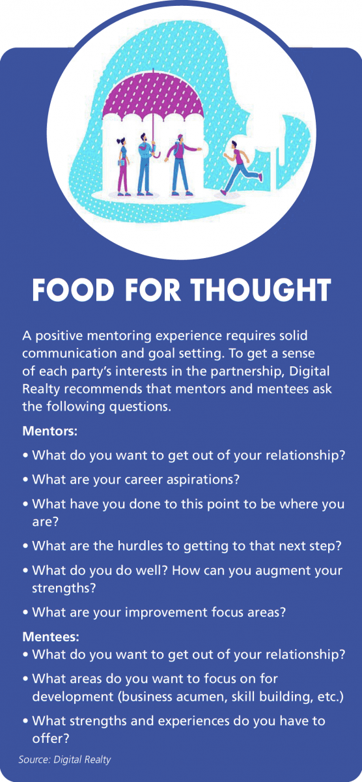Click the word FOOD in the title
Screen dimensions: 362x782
pyautogui.click(x=73, y=290)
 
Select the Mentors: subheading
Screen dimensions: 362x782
pyautogui.click(x=50, y=431)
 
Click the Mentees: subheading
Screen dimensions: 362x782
pyautogui.click(x=51, y=637)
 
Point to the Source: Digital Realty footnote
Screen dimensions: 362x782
pyautogui.click(x=64, y=759)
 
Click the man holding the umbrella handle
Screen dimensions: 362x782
pyautogui.click(x=145, y=164)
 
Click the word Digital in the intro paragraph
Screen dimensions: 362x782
pyautogui.click(x=310, y=371)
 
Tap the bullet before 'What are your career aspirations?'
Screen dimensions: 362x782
pyautogui.click(x=25, y=480)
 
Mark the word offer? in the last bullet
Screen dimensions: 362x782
pyautogui.click(x=51, y=739)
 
